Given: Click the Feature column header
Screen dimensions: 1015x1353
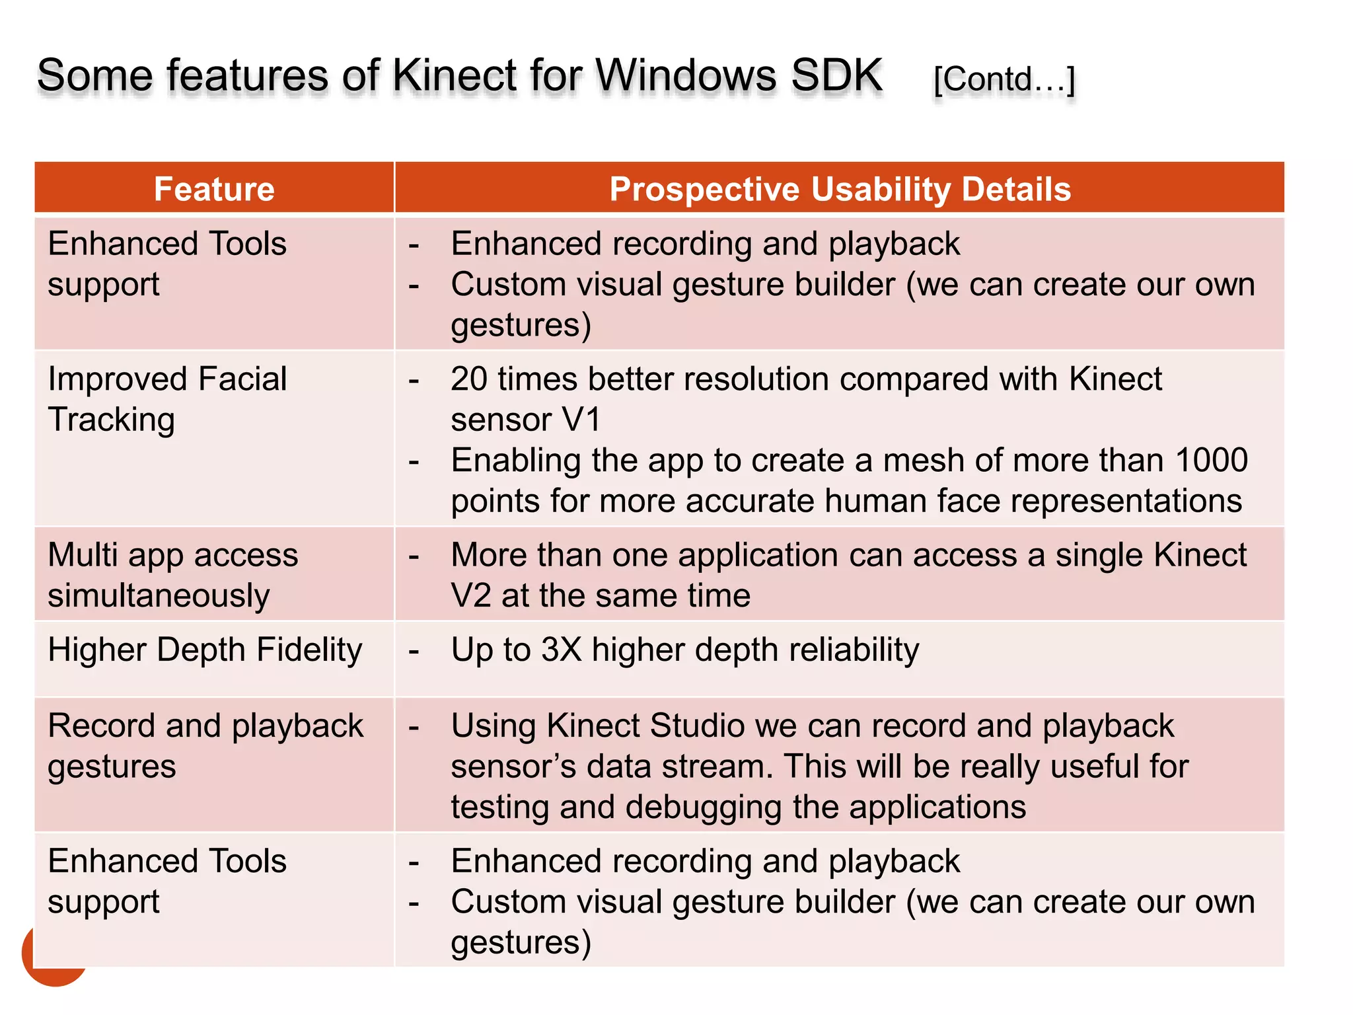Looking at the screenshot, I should [214, 189].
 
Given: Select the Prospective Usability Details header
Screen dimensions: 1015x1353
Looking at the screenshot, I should [840, 189].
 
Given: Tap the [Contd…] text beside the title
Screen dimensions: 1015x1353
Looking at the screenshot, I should [1004, 80].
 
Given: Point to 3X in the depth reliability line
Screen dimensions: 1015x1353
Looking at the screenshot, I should [561, 650].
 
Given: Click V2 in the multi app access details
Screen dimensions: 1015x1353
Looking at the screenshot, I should [471, 596].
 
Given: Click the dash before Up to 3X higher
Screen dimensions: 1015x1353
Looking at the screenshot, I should [414, 651].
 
